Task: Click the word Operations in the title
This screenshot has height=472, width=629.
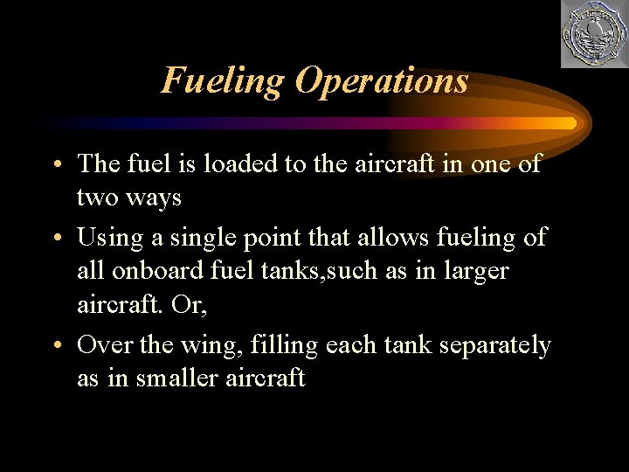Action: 381,81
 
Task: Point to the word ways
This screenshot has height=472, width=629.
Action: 154,198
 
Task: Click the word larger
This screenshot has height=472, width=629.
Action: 473,271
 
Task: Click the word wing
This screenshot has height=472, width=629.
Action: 211,346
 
